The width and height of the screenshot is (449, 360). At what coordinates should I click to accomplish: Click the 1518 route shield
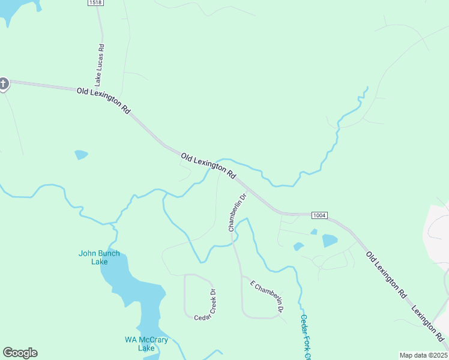click(94, 3)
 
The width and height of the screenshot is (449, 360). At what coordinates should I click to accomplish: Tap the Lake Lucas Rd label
click(100, 64)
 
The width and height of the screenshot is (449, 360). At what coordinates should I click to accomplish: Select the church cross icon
click(3, 83)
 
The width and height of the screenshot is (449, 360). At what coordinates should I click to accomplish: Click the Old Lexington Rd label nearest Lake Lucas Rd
click(103, 101)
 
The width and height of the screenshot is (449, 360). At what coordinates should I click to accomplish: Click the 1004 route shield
click(319, 215)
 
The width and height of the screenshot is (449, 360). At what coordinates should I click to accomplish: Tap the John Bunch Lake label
click(99, 257)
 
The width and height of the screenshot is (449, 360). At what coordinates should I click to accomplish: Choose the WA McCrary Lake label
click(146, 344)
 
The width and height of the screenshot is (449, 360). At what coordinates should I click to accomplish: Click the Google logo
click(20, 353)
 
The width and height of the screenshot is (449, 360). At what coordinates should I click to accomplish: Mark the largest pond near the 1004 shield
click(330, 241)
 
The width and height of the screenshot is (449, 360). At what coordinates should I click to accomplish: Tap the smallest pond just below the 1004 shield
click(313, 232)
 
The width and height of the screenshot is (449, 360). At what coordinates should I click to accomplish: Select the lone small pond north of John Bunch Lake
click(81, 155)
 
